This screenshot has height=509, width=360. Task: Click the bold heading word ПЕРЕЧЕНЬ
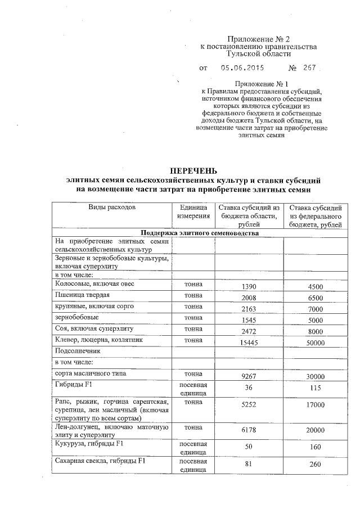pos(193,171)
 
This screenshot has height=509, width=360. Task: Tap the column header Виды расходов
pos(111,208)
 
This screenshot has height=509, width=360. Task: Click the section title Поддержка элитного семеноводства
pos(200,233)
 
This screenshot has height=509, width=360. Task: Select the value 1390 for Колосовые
pos(249,287)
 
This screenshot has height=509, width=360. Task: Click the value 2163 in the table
pos(249,309)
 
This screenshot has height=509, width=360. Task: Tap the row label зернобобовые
pos(73,318)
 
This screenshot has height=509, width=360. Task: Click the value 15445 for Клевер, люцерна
pos(249,342)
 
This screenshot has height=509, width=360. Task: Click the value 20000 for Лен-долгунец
pos(316,430)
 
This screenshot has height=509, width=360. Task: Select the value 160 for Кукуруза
pos(316,447)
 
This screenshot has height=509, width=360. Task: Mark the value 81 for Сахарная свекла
pos(249,465)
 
